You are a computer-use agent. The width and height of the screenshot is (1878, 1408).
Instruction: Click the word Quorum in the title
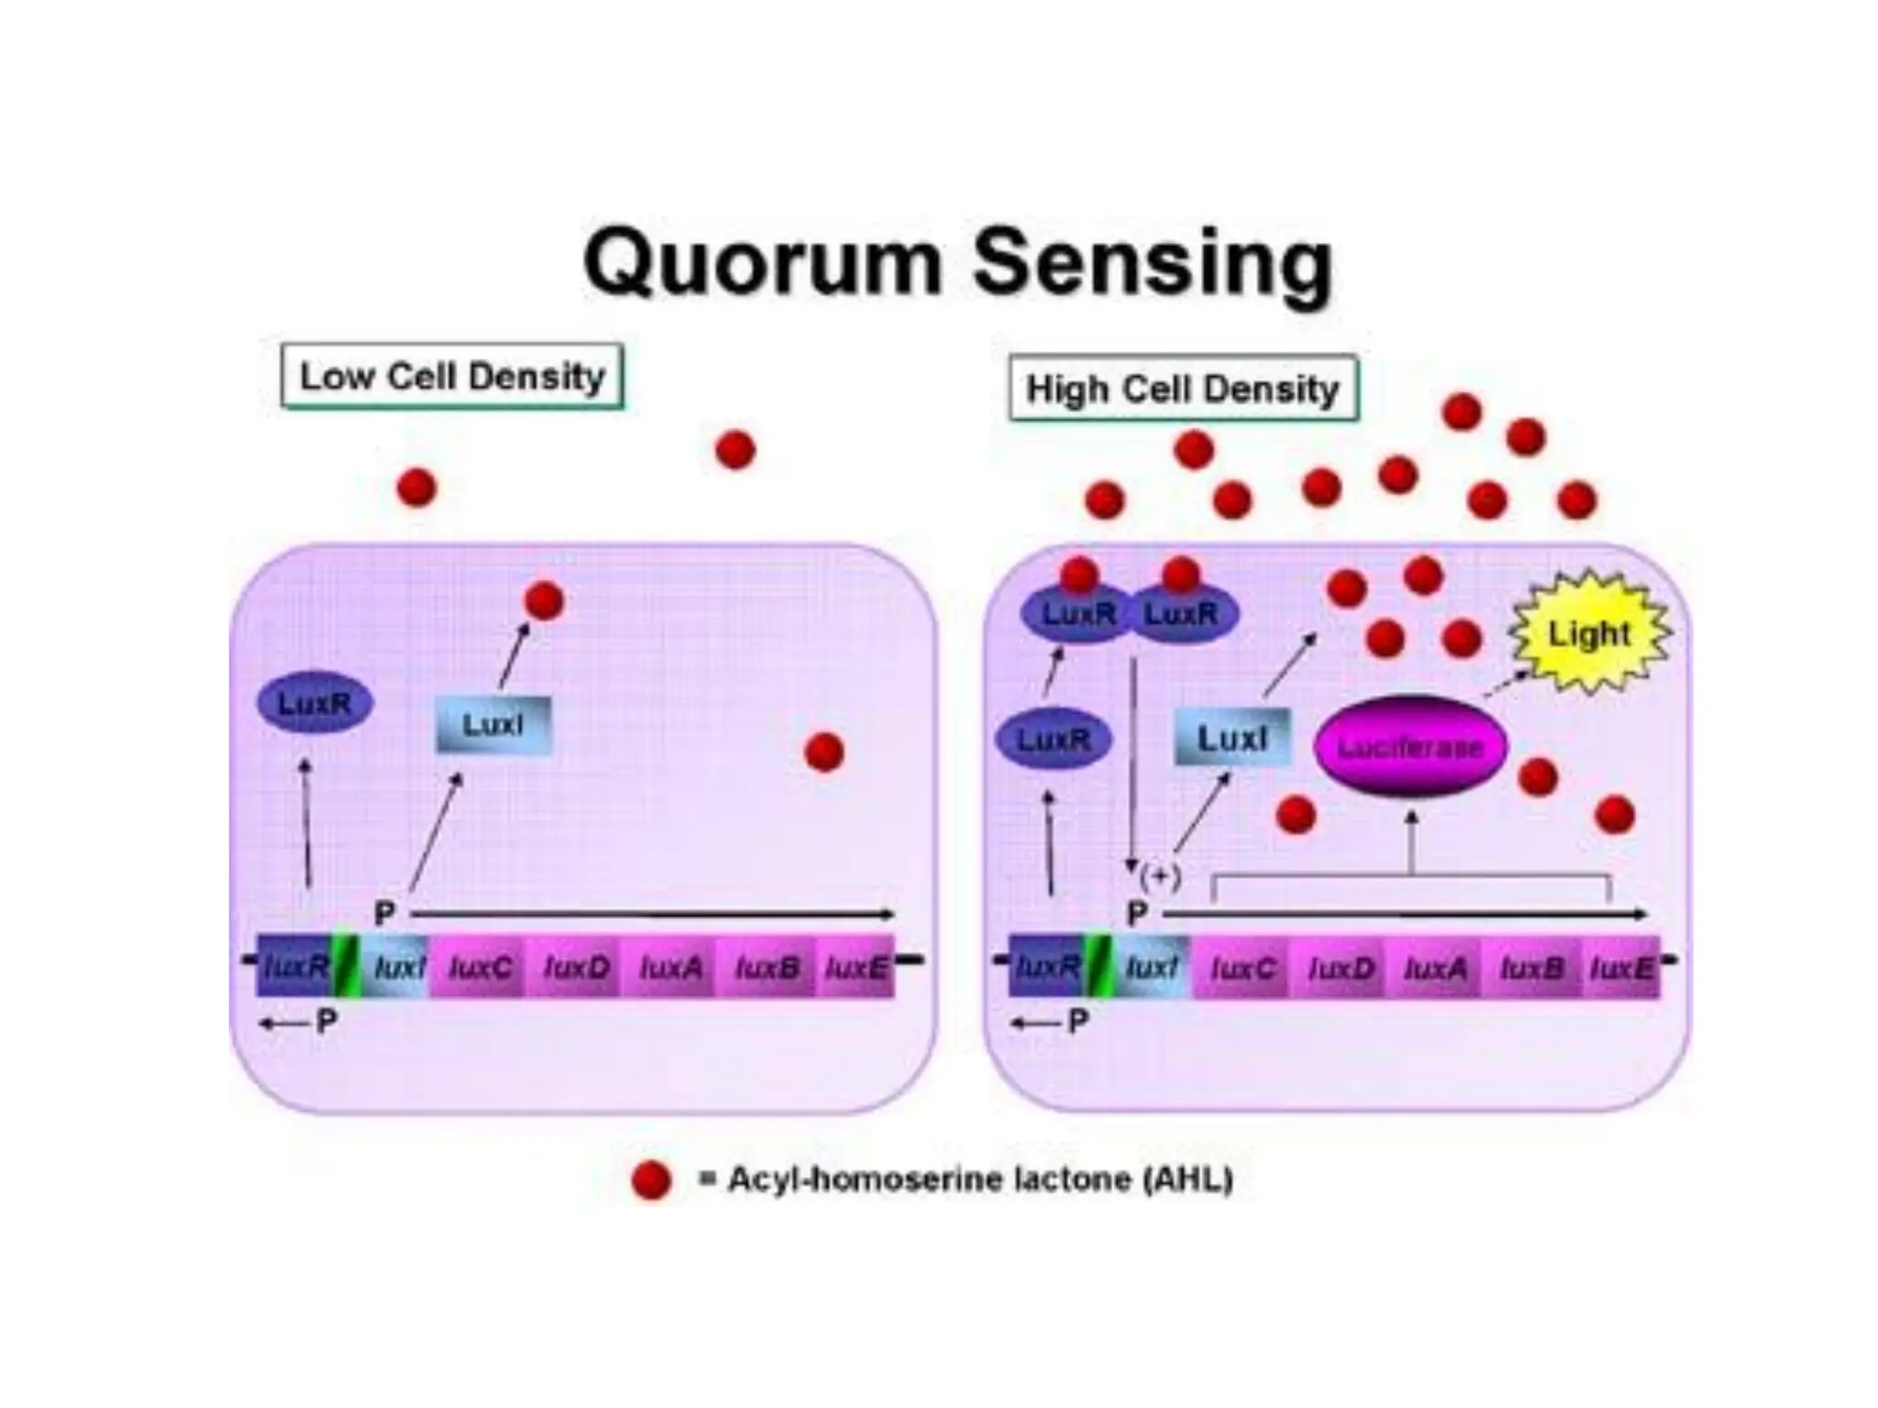763,263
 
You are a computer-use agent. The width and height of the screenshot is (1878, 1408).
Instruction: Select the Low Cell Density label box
452,376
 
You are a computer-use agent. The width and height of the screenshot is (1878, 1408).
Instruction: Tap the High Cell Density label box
1183,389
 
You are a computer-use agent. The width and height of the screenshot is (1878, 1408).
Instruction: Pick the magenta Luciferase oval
1410,747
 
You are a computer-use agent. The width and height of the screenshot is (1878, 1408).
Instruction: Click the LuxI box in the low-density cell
493,725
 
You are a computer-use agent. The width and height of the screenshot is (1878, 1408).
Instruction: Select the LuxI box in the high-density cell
1232,738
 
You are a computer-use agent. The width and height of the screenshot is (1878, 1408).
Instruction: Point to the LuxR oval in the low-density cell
315,703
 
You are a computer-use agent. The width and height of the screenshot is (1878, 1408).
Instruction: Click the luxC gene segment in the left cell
480,967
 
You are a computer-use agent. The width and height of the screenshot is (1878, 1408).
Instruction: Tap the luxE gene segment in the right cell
1621,968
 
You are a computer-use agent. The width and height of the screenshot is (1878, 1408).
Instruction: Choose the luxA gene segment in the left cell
671,967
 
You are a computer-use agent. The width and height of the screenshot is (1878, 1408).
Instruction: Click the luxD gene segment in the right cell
1341,968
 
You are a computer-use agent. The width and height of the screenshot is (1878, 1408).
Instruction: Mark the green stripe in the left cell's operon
345,965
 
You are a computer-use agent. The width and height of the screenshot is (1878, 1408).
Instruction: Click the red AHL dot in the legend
651,1180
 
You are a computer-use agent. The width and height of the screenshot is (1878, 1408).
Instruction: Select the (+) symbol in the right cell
1160,877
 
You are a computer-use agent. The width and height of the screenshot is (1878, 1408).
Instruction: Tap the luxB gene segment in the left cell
768,967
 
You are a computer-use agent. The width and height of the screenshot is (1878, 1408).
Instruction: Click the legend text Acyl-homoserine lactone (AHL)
979,1180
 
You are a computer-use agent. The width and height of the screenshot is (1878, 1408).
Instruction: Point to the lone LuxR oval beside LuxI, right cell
1054,739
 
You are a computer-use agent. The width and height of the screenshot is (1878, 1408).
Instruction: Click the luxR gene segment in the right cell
1045,966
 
